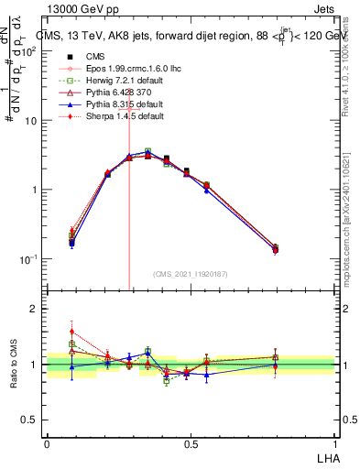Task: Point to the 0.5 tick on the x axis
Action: click(x=191, y=444)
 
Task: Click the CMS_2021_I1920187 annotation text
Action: click(x=191, y=273)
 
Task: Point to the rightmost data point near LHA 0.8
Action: click(x=277, y=248)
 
